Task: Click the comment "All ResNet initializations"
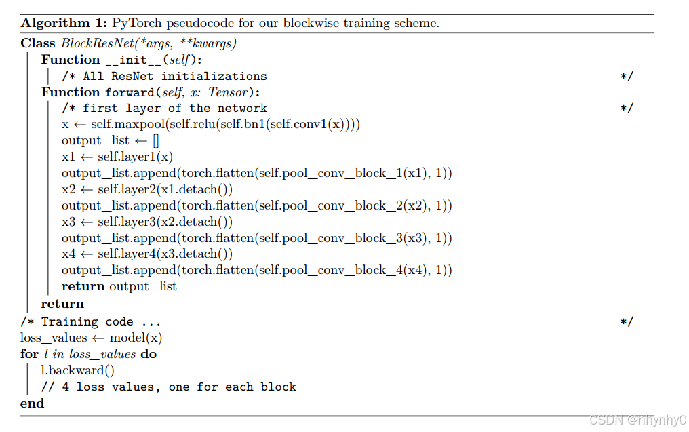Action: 174,76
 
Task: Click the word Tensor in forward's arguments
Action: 231,92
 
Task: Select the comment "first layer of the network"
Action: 174,109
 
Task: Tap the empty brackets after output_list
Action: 155,141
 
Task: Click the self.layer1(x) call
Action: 135,157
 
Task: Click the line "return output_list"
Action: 119,286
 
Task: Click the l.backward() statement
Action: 78,370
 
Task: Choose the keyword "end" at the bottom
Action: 32,403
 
